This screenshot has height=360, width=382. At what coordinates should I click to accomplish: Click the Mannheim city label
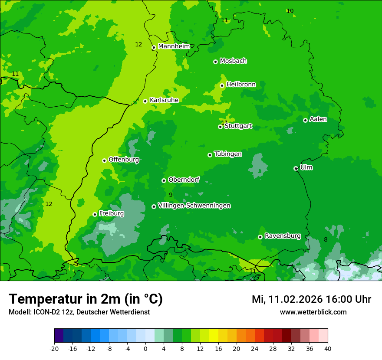coord(174,46)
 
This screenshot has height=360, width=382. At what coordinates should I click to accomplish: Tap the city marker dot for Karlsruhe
coord(145,101)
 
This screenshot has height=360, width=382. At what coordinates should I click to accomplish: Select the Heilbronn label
coord(241,84)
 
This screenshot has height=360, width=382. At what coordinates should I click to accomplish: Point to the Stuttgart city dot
coord(220,127)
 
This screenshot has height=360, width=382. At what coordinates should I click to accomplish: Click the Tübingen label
coord(228,154)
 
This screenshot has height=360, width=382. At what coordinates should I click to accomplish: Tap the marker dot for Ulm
coord(296,168)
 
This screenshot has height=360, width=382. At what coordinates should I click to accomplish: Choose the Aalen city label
coord(318,119)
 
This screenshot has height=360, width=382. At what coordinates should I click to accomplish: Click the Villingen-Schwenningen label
coord(194,206)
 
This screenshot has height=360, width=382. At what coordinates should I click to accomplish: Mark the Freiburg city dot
coord(95,214)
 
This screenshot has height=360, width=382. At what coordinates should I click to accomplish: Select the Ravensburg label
coord(283,236)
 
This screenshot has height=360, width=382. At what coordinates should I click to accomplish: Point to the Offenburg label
coord(124,160)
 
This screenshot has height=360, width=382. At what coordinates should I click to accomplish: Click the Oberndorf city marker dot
coord(164,180)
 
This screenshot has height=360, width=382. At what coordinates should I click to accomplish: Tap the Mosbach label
coord(233,61)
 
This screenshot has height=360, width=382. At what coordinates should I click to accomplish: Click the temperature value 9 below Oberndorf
coord(171,195)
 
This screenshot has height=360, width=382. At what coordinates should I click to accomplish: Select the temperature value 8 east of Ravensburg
coord(326,239)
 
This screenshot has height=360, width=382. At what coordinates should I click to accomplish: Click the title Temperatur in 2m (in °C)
coord(86,299)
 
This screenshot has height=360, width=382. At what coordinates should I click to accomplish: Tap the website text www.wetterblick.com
coord(313,312)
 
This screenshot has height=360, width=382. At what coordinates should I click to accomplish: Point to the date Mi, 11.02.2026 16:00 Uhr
coord(311,299)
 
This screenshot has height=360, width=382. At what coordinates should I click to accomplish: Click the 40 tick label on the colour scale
coord(327,348)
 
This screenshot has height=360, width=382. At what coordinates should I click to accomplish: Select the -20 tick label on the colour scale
coord(54,348)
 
